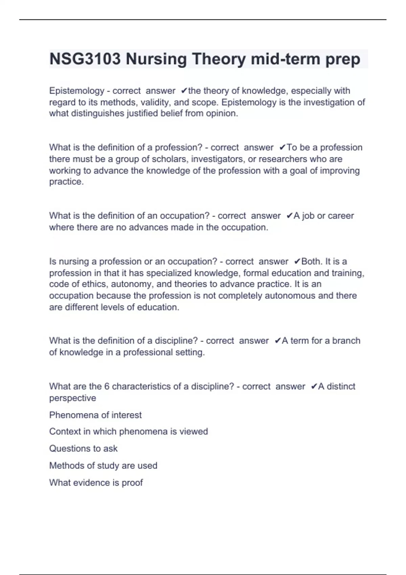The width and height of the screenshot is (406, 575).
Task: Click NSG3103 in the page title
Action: tap(85, 59)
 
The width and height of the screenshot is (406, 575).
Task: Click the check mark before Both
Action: tap(297, 261)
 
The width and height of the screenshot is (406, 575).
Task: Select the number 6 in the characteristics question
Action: tap(107, 386)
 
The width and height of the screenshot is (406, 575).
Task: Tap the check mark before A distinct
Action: tap(314, 386)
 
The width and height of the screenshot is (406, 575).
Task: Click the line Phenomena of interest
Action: tap(95, 415)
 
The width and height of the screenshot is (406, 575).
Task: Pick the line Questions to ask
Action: tap(83, 448)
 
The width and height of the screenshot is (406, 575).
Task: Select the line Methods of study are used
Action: tap(103, 466)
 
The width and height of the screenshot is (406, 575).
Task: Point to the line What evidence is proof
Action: tap(96, 483)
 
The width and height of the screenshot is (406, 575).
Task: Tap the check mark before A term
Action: tap(277, 341)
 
